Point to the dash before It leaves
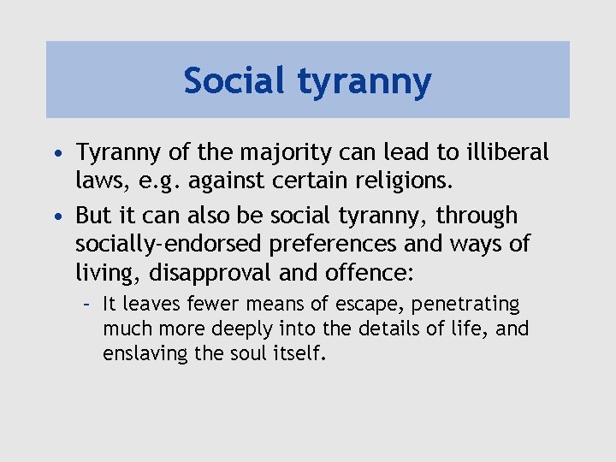(x=87, y=305)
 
